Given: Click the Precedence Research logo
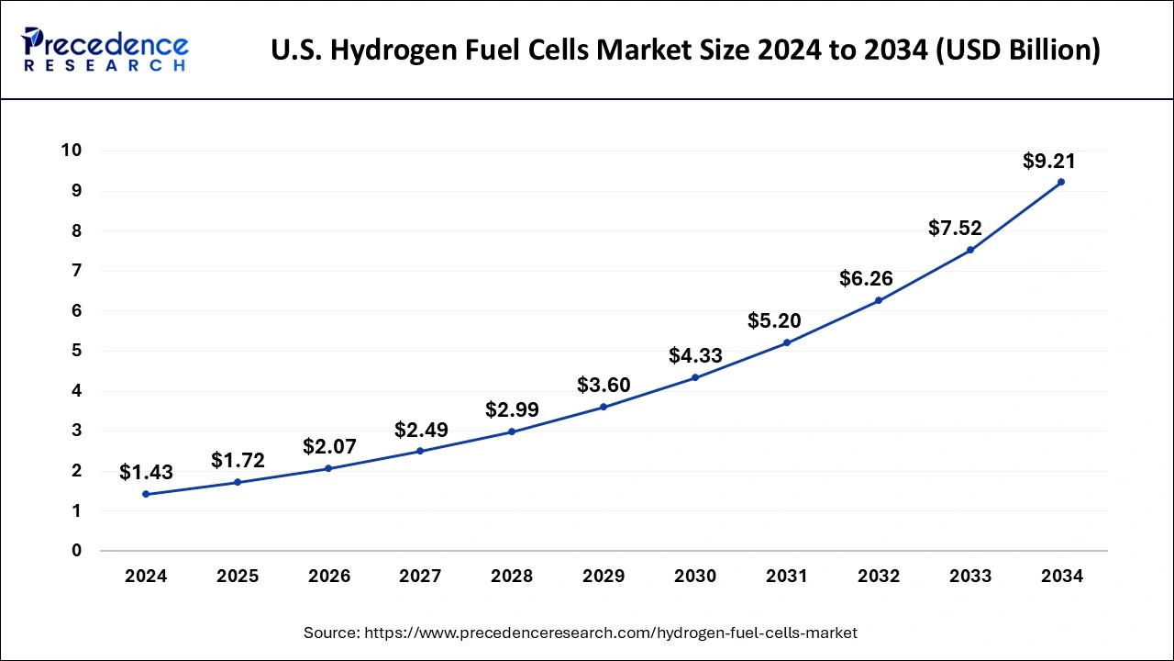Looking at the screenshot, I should coord(105,49).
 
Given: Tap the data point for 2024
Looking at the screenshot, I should coord(146,494).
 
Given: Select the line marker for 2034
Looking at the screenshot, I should coord(1061,182).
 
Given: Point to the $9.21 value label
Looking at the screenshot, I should coord(1048,162).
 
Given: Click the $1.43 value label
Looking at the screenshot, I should coord(146,472).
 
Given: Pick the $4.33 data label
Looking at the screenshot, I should coord(695,355).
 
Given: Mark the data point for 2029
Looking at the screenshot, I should coord(604,407).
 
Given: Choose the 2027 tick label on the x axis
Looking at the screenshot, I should coord(420,577).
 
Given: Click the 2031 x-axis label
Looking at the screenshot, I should coord(787,577).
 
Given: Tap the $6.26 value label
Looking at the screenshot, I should coord(866,278).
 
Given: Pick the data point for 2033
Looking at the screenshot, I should coord(970,250).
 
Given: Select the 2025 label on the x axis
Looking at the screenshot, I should coord(238,577).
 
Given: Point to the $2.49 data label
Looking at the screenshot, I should coord(421,429).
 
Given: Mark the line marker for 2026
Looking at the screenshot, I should coord(328,468).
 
